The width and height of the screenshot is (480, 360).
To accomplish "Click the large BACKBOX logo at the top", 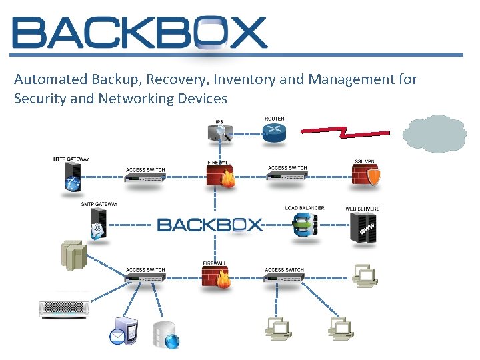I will click(140, 32).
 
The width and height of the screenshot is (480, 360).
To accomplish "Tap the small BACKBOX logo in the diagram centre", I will click(210, 225).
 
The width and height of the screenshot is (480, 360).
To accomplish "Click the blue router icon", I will click(274, 135).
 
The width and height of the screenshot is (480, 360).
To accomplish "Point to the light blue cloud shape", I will click(435, 135).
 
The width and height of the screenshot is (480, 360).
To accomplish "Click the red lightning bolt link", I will click(345, 131).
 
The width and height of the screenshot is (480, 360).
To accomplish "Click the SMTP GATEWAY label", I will click(99, 204).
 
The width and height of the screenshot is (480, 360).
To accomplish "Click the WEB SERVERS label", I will click(363, 209).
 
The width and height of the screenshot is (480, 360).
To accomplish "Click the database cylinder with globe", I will click(166, 335).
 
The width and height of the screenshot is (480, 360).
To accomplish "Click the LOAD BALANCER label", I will click(305, 208).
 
